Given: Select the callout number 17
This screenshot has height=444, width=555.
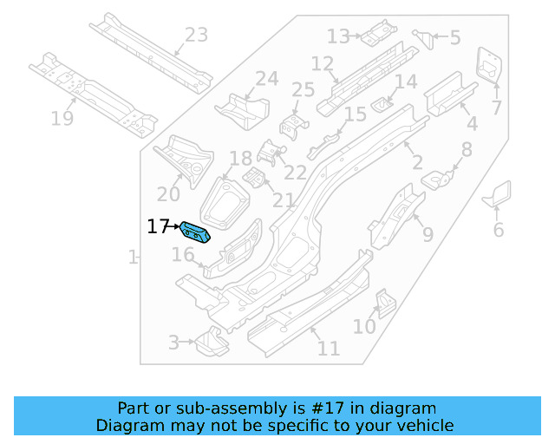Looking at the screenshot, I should tap(157, 227).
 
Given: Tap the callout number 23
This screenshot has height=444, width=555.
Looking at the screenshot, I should tap(197, 36).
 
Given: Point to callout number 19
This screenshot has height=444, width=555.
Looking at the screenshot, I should tap(62, 119).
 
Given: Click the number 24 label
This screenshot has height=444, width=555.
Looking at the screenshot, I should tap(266, 79).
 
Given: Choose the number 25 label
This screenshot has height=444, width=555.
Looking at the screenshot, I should tap(303, 90).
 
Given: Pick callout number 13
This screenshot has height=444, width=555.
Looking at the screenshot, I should tap(338, 36).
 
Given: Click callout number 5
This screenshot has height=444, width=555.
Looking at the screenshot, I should tap(454, 38).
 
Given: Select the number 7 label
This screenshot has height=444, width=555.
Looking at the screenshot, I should tap(497, 108).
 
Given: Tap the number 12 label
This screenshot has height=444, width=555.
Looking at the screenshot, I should tap(322, 64).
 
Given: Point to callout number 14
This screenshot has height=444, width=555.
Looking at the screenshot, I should tap(406, 82).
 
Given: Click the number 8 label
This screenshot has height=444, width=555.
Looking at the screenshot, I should tap(467, 150).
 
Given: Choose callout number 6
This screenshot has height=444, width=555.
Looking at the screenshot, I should tap(498, 230).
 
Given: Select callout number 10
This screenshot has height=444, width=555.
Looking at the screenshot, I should tap(364, 326).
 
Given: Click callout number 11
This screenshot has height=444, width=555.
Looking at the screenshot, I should tap(328, 349).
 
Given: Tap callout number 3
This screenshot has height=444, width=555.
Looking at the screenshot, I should tap(173, 343).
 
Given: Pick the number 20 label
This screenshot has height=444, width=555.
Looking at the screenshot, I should tap(168, 194).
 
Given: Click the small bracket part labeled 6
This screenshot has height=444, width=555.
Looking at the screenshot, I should tap(499, 195).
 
